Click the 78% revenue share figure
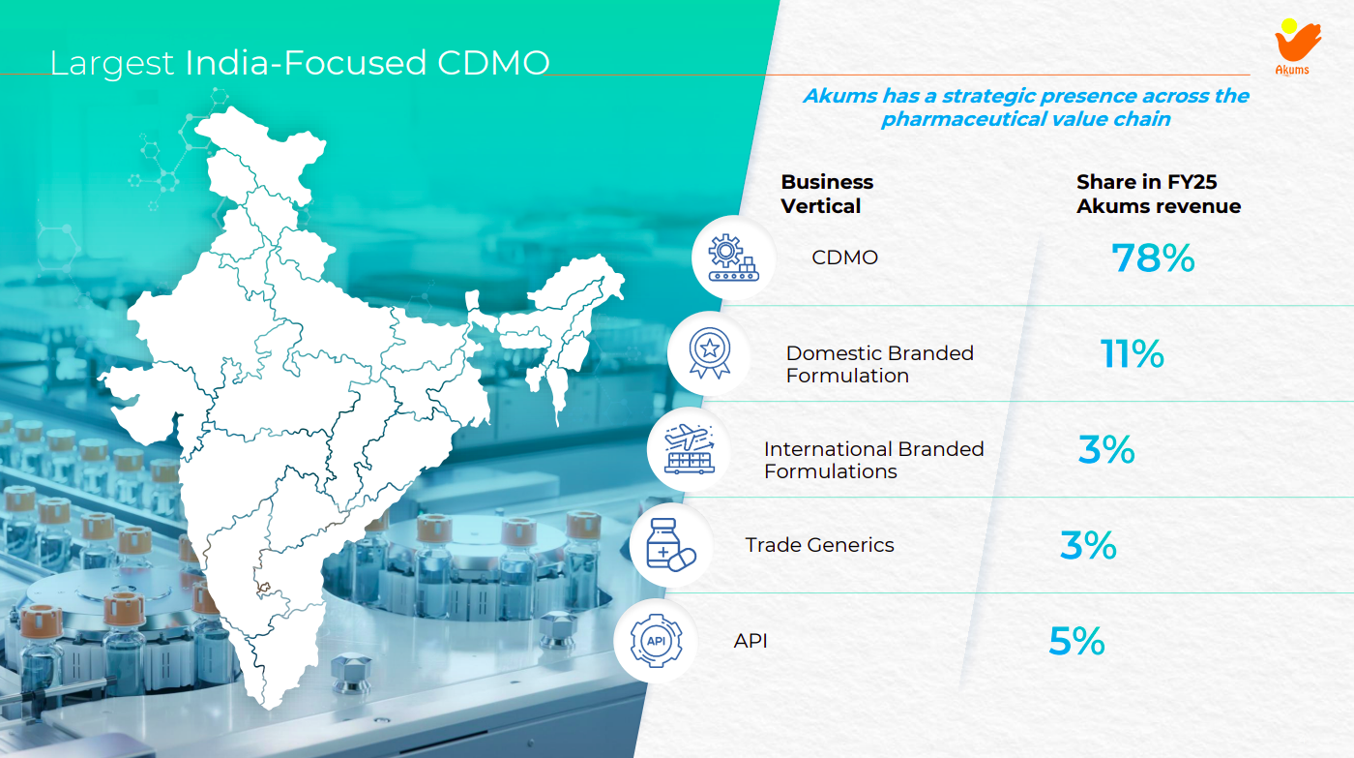pos(1153,258)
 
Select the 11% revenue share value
pos(1132,354)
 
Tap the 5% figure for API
pos(1076,641)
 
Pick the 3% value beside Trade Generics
pos(1088,546)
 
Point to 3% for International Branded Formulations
pos(1106,450)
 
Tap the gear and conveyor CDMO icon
pos(733,257)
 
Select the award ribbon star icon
pos(709,352)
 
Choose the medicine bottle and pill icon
pos(670,546)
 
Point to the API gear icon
pos(655,640)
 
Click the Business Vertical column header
pos(826,194)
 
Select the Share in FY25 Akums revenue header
pos(1158,194)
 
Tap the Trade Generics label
pos(819,545)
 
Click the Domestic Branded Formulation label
pos(879,364)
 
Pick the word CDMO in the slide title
pos(493,63)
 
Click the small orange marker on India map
pos(262,588)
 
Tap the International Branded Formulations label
pos(873,460)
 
